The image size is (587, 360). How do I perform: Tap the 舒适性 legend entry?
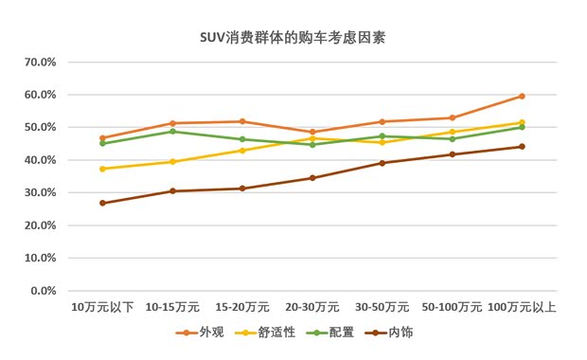click(276, 333)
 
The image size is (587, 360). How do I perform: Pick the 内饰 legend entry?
click(400, 333)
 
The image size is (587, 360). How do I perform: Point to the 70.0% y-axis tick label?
click(41, 62)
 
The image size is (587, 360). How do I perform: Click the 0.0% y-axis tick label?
click(44, 290)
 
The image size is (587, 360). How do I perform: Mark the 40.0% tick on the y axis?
click(41, 159)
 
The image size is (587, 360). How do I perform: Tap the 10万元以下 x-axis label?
click(102, 307)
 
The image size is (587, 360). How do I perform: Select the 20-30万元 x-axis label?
click(311, 307)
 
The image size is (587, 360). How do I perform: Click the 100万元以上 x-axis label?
click(522, 307)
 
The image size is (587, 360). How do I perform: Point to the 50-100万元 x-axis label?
click(452, 307)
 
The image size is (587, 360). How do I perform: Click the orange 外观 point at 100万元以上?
click(522, 96)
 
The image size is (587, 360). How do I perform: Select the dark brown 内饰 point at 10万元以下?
click(102, 203)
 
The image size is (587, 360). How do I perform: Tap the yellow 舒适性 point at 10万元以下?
click(102, 169)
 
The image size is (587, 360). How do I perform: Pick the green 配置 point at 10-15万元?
click(172, 131)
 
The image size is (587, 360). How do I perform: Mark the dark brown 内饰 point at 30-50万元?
click(382, 163)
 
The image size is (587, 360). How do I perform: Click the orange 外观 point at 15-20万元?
click(242, 121)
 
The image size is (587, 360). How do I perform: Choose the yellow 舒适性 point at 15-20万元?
click(242, 150)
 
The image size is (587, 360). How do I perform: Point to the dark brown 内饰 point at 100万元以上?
click(522, 146)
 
